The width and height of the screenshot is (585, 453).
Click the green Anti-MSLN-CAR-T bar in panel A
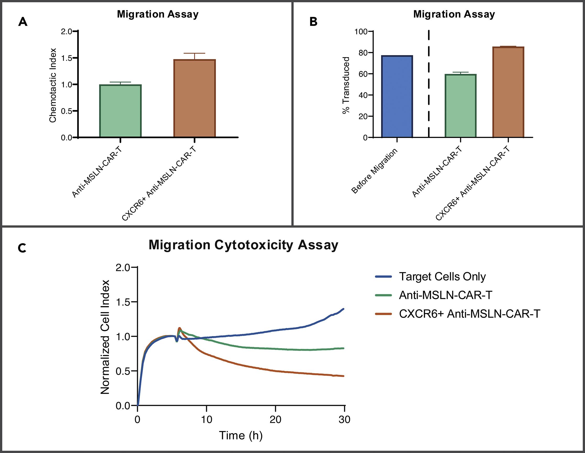120,111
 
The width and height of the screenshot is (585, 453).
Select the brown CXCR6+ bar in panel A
194,98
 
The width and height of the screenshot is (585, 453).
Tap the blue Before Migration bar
397,96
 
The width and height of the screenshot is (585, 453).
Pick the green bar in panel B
461,106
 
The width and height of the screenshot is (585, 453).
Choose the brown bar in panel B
508,92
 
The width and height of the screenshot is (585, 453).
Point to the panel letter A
23,22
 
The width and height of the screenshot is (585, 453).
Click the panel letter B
313,22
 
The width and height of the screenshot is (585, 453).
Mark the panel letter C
22,248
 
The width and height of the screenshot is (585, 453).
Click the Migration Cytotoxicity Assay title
243,245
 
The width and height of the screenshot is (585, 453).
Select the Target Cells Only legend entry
442,277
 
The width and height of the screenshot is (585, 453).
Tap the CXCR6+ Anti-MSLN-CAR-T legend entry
469,314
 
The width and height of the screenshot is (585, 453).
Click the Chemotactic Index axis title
53,85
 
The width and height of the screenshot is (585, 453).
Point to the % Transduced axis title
346,85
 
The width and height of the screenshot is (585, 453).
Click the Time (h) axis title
241,436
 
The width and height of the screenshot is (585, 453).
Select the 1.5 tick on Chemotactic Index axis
67,58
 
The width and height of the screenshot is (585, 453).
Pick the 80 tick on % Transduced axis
363,53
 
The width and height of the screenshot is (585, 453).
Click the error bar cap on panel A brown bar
194,53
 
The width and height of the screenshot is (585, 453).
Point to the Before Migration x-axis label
374,171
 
